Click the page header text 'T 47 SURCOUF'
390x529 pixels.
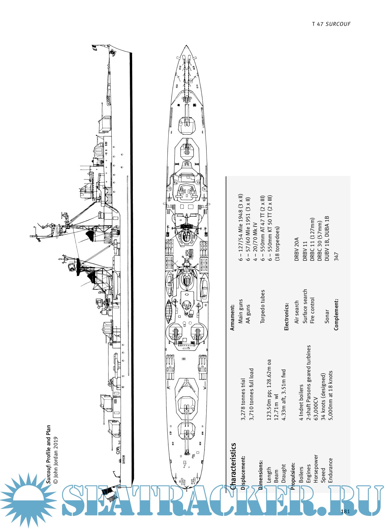(331, 24)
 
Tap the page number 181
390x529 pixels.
(345, 512)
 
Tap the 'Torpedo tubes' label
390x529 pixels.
(263, 306)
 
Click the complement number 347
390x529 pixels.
(336, 256)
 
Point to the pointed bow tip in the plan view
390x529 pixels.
(186, 46)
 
